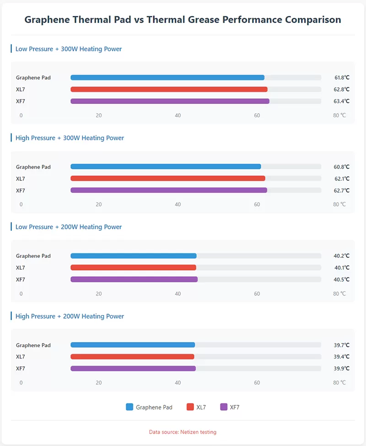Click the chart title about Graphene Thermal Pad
(x=183, y=20)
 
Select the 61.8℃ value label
(x=341, y=78)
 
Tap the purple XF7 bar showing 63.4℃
(x=170, y=101)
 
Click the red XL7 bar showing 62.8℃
(x=169, y=89)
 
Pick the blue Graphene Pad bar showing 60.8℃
(x=166, y=167)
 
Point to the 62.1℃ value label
(x=341, y=179)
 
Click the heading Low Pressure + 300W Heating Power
(x=69, y=49)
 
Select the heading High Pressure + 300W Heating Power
(x=70, y=138)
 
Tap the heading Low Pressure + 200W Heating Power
(x=69, y=227)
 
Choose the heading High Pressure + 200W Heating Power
(x=70, y=316)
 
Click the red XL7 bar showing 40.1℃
(x=133, y=267)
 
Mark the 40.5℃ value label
(x=341, y=280)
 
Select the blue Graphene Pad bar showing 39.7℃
(x=133, y=345)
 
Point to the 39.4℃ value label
(x=341, y=357)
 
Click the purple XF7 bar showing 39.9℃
(x=133, y=369)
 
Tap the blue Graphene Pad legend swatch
(x=129, y=407)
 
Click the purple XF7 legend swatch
(x=224, y=407)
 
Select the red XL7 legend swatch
(x=190, y=407)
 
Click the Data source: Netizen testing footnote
(x=183, y=432)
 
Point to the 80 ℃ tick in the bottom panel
(x=339, y=383)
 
